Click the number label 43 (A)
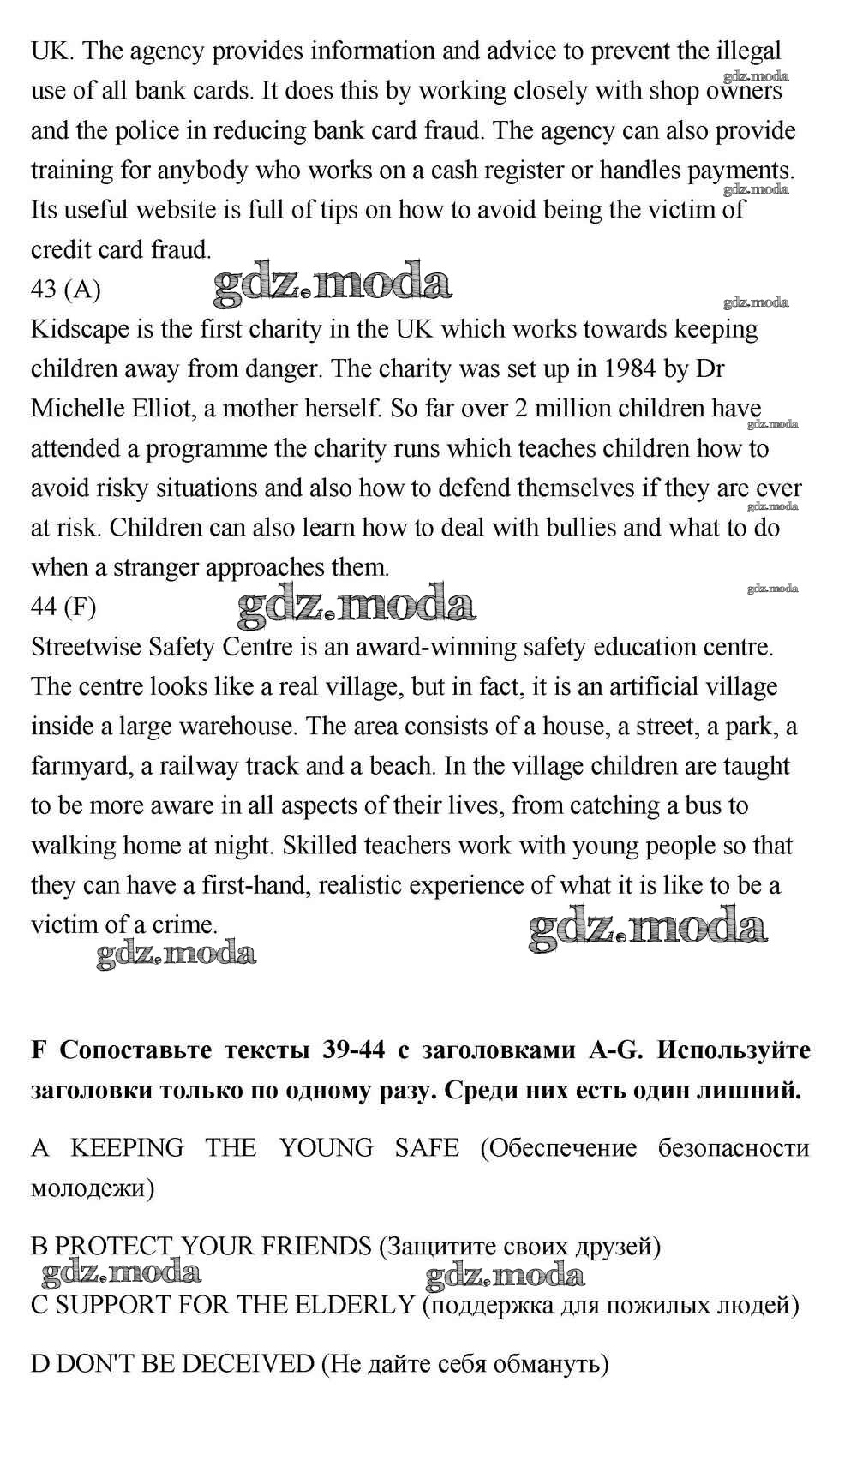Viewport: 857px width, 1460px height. [65, 290]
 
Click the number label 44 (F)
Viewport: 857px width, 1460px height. [63, 607]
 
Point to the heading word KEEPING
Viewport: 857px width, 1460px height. [127, 1148]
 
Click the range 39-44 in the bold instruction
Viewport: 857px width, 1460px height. [354, 1050]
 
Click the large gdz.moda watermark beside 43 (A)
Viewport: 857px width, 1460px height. [333, 284]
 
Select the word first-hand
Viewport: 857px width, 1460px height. [254, 885]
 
